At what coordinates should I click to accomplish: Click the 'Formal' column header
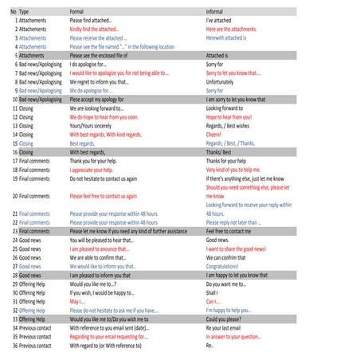coord(79,12)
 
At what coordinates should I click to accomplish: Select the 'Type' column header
coord(24,12)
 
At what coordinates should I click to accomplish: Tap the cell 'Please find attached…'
coord(95,20)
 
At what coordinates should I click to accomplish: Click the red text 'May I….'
coord(77,302)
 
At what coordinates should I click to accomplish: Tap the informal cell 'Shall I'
coord(213,292)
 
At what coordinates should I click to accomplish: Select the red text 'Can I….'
coord(213,302)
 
